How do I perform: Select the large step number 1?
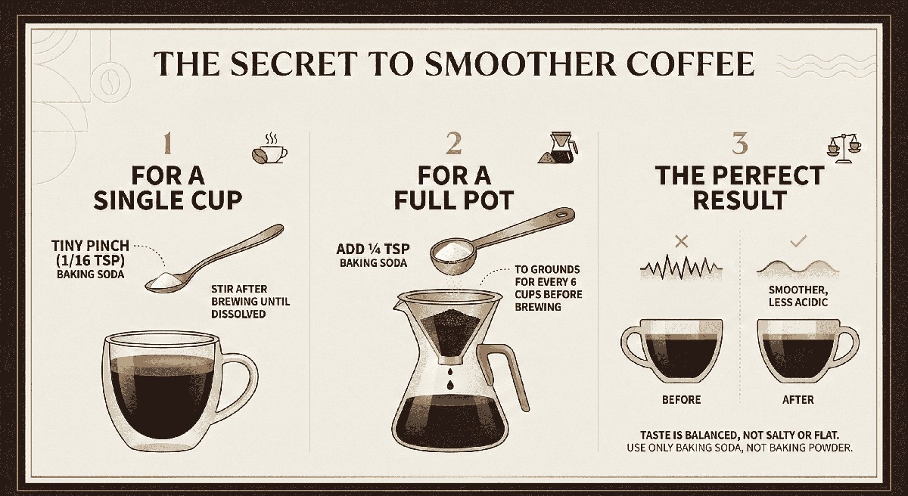pos(167,144)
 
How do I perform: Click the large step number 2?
pos(453,144)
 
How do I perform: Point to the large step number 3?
pos(740,144)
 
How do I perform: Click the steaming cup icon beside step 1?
pos(269,149)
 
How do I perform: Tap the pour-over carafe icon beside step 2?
pos(558,147)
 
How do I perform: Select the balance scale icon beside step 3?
pos(844,148)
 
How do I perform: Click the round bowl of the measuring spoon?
pos(452,255)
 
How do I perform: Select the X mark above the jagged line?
pos(683,242)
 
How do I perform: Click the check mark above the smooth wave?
pos(798,241)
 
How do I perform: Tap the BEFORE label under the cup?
pos(682,400)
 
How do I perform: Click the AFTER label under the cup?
pos(798,400)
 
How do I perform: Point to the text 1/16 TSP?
pos(90,260)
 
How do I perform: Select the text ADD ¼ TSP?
pos(373,249)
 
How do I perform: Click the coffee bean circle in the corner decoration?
pos(110,83)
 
